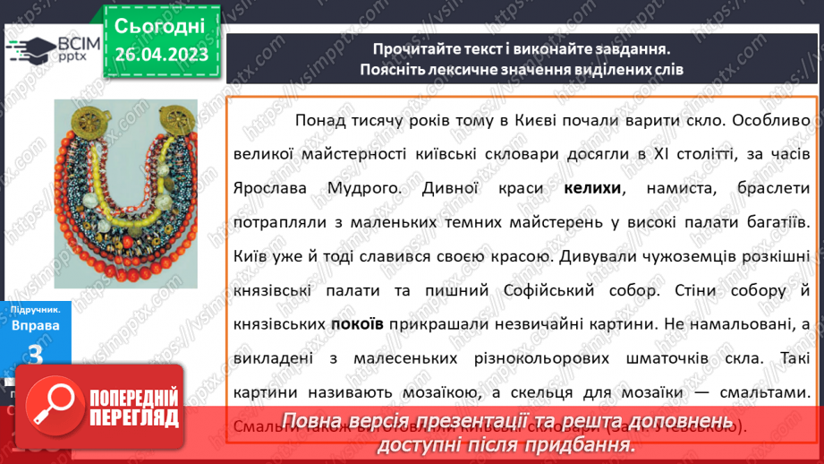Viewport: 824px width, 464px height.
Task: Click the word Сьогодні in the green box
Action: coord(161,26)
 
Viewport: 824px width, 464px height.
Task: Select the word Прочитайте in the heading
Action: coord(416,50)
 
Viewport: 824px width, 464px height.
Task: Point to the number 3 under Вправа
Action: coord(36,356)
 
